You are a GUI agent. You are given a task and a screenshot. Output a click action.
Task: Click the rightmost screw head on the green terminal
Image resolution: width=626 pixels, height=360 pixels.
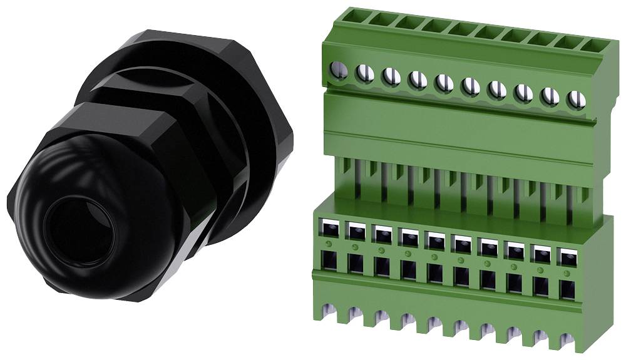coord(575,100)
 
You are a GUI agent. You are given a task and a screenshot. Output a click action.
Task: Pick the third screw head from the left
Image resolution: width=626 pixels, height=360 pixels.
coord(391,76)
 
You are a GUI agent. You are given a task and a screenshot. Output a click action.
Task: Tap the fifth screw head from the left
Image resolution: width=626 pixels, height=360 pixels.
coord(444,83)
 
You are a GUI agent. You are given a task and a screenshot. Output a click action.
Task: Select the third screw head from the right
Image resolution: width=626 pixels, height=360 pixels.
coord(523,93)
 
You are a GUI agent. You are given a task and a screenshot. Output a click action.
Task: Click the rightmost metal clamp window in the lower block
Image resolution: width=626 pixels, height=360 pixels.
coord(567,257)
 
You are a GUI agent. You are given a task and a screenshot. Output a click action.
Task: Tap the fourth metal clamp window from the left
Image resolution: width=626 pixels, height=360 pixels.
coord(408,239)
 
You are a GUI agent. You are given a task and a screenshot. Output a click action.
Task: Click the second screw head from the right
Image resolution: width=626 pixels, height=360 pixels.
coord(549,96)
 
